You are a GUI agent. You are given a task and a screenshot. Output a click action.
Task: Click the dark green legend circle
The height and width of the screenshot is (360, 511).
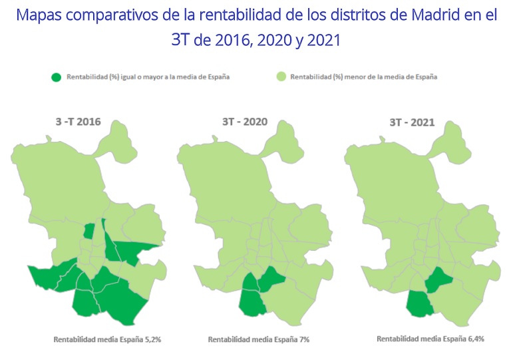(x=57, y=77)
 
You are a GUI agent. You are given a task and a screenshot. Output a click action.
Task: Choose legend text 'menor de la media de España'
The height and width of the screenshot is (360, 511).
(x=373, y=77)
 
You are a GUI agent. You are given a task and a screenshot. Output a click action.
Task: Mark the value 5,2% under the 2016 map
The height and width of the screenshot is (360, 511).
(x=151, y=339)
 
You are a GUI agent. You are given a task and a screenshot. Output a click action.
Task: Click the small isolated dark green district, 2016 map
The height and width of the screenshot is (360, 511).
(x=88, y=231)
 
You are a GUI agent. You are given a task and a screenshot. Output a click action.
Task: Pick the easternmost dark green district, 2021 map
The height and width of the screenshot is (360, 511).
(x=438, y=280)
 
